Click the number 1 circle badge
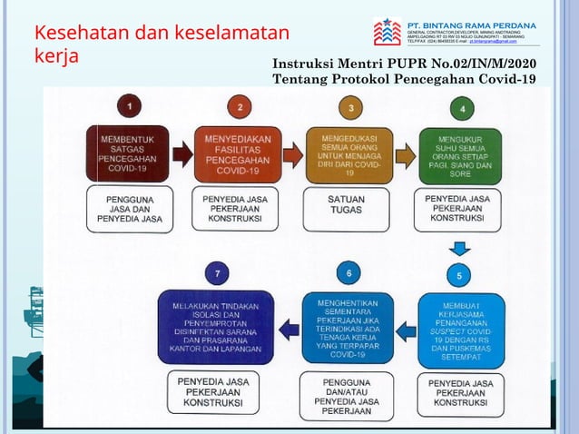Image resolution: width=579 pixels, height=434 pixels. coord(133,107)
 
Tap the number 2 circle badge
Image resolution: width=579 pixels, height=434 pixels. coord(240,107)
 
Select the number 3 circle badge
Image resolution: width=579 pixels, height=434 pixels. coord(351,108)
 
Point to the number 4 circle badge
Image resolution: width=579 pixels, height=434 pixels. coord(463,109)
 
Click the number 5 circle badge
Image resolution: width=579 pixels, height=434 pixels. coord(459,275)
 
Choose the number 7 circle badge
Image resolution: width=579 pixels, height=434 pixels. coord(217,271)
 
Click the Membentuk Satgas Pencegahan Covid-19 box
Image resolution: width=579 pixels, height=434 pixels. coord(127,154)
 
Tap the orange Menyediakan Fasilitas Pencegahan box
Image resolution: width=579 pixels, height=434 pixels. coord(238,154)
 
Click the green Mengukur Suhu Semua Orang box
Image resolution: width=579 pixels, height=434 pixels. coord(461,155)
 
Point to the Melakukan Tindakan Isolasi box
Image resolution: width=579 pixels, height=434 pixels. coord(215,327)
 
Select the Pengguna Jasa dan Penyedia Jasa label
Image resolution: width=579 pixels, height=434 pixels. coord(129,208)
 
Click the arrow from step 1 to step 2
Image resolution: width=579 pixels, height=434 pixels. coord(182,155)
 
